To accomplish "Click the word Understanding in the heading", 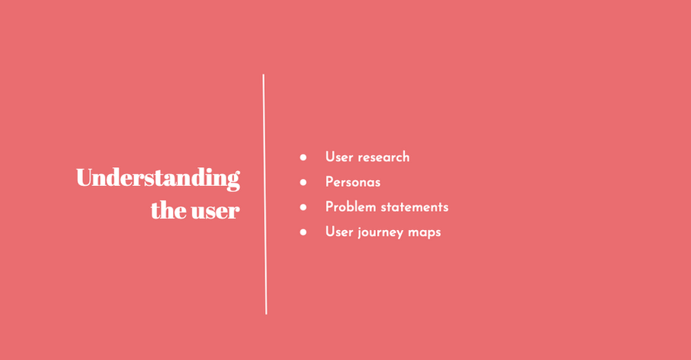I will (x=157, y=179).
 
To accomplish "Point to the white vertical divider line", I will (x=264, y=194).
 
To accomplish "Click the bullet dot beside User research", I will (x=303, y=157).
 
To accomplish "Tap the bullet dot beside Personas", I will (x=303, y=182).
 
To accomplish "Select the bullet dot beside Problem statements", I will (x=303, y=207).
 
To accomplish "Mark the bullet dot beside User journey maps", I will (x=303, y=232).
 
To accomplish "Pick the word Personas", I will (x=353, y=182).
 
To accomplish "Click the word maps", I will (x=425, y=233).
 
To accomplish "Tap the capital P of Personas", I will (x=329, y=182).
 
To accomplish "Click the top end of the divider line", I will (x=263, y=76).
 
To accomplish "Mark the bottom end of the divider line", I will (x=266, y=312).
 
